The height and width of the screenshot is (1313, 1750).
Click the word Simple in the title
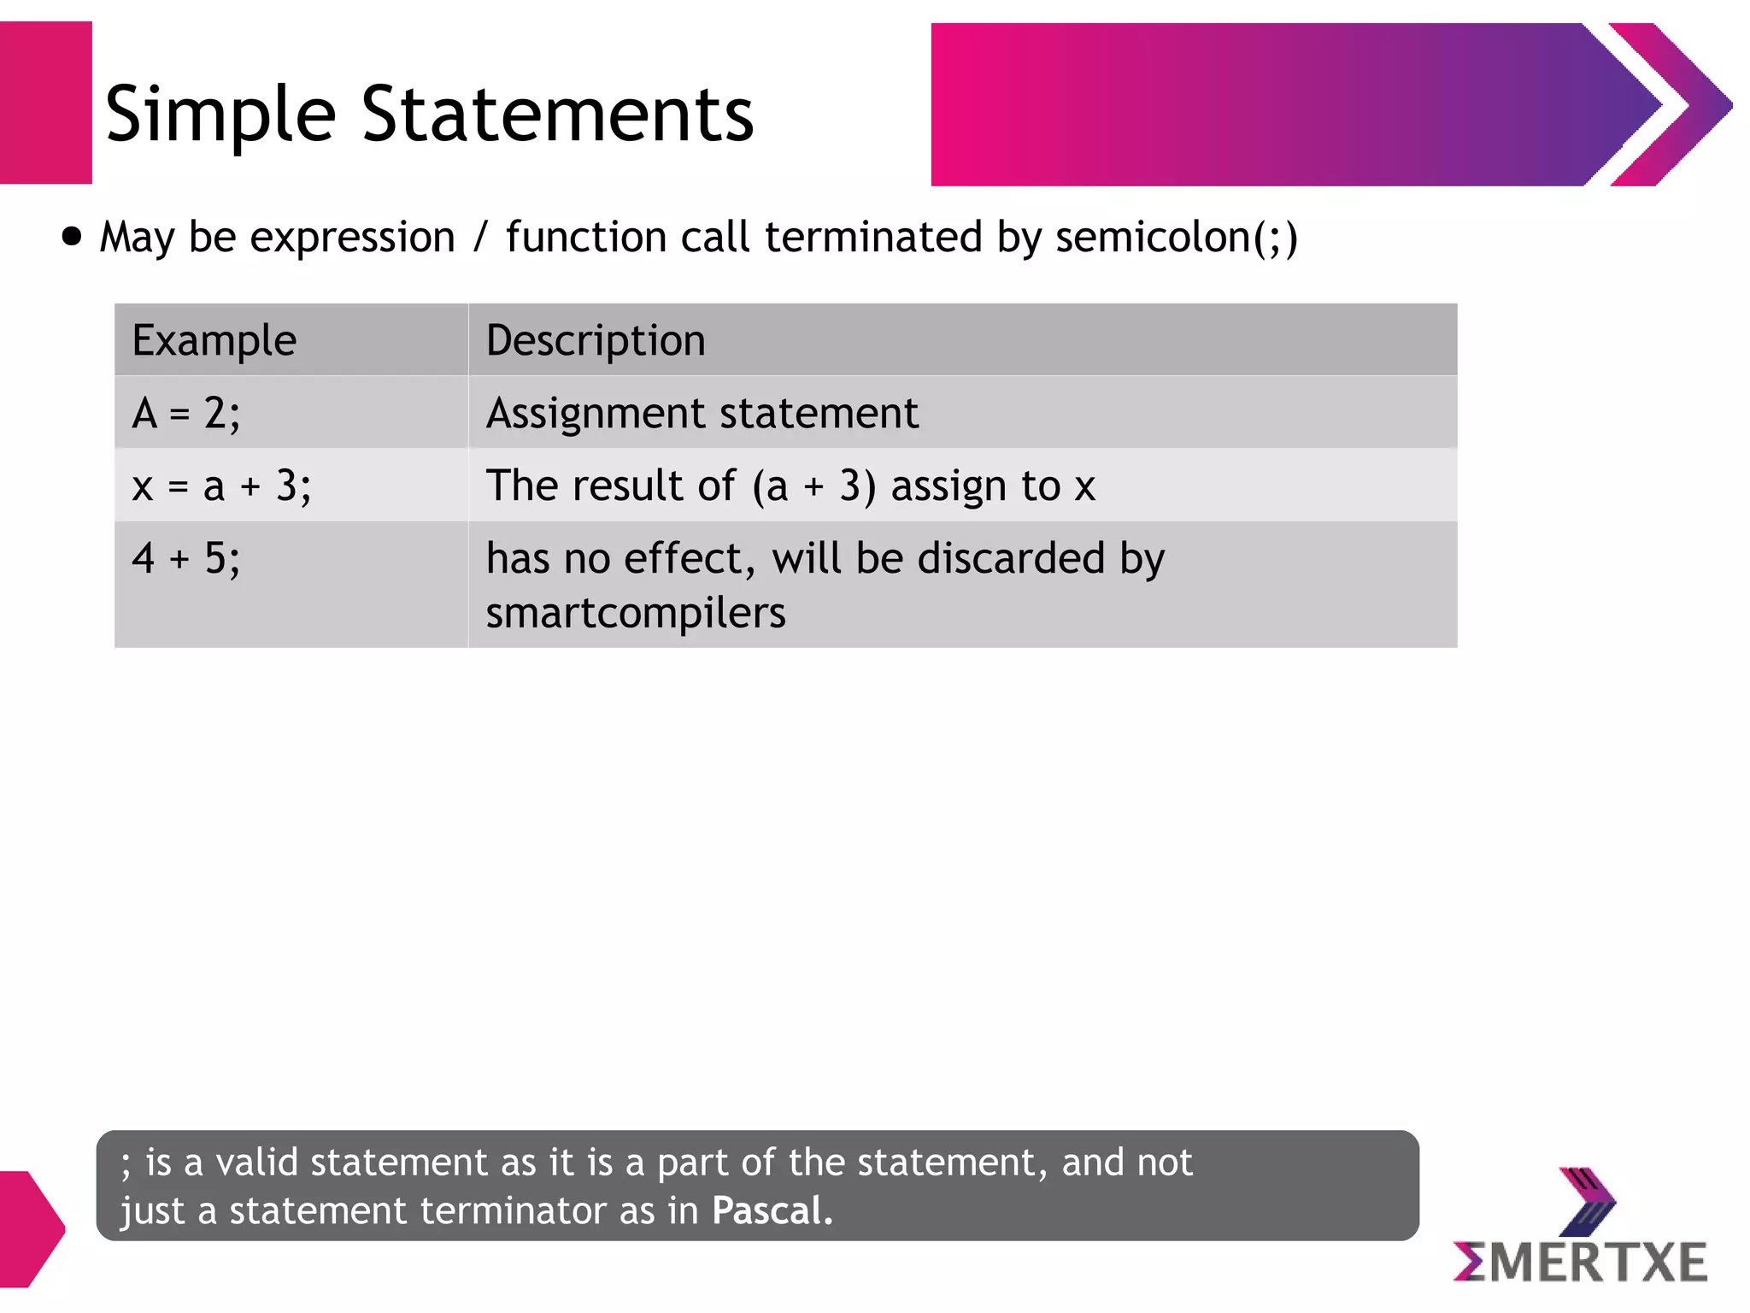coord(220,115)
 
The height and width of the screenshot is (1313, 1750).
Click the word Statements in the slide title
coord(557,114)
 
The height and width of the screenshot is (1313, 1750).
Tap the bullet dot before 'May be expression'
coord(73,236)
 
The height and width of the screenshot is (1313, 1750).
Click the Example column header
coord(214,340)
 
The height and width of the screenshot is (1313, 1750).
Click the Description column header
coord(596,340)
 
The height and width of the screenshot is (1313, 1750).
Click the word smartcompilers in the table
coord(636,613)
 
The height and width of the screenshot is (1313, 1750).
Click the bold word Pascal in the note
coord(772,1211)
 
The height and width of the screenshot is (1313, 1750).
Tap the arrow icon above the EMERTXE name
coord(1587,1200)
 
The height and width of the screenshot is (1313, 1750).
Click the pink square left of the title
coord(45,103)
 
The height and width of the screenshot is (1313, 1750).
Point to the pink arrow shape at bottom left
coord(30,1228)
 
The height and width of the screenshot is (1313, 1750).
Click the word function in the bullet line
coord(585,238)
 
